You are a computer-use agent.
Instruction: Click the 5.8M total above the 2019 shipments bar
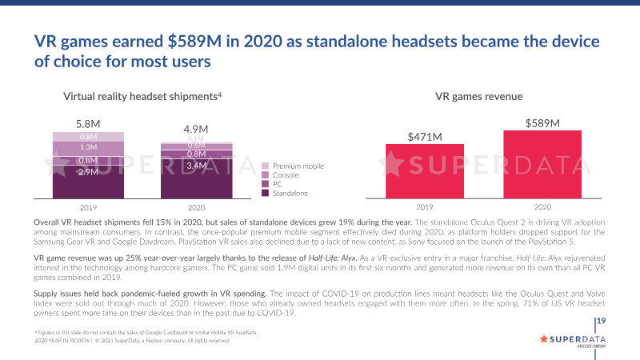click(x=87, y=124)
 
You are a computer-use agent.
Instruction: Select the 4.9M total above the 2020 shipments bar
click(x=196, y=129)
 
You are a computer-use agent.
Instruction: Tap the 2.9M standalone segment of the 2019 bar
click(x=88, y=172)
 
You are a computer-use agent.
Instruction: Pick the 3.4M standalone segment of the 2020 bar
click(x=196, y=166)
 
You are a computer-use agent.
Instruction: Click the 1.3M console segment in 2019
click(x=88, y=147)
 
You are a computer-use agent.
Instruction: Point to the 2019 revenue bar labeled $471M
click(x=425, y=170)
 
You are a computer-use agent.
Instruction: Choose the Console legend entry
click(x=286, y=175)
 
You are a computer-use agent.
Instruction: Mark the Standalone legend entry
click(x=290, y=194)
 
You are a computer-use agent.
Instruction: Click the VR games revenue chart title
click(x=479, y=96)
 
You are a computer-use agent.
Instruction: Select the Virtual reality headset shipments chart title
click(x=142, y=96)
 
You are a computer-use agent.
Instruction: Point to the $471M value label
click(x=425, y=137)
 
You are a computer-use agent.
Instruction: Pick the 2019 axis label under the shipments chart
click(x=88, y=206)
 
